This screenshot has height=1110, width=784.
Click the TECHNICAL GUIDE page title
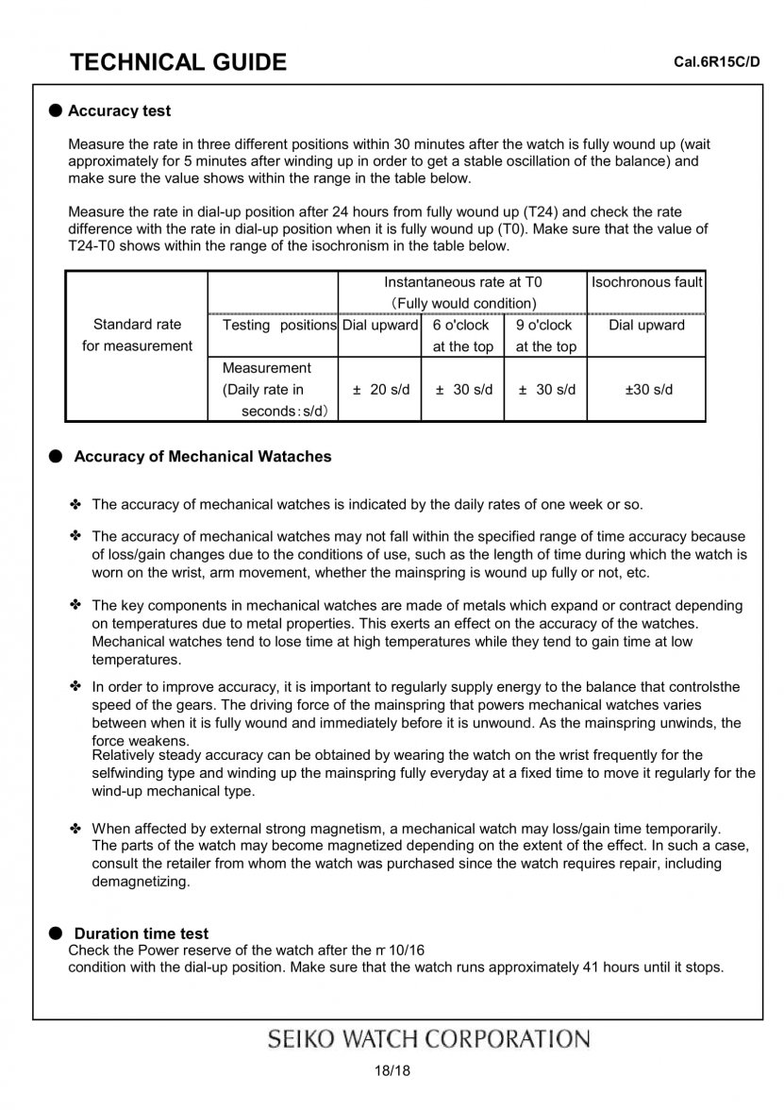pos(178,62)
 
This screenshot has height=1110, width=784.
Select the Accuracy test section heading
pos(119,111)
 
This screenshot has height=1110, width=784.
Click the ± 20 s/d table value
pos(380,390)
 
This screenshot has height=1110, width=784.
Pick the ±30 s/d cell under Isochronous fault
pos(646,390)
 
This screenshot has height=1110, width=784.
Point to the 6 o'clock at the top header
pos(462,336)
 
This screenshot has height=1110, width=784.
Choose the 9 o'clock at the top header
pos(545,336)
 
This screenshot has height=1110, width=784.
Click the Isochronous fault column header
pos(646,282)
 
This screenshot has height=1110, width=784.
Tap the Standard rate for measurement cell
pos(137,335)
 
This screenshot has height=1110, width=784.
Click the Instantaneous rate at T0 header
pos(462,282)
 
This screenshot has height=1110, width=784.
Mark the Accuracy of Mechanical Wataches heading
pos(203,457)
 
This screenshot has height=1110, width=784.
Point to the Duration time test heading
pos(142,934)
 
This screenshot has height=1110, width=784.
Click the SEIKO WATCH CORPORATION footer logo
pos(429,1039)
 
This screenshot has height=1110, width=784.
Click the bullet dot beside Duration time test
pos(56,933)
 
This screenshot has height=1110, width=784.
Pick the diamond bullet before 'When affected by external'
pos(75,829)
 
